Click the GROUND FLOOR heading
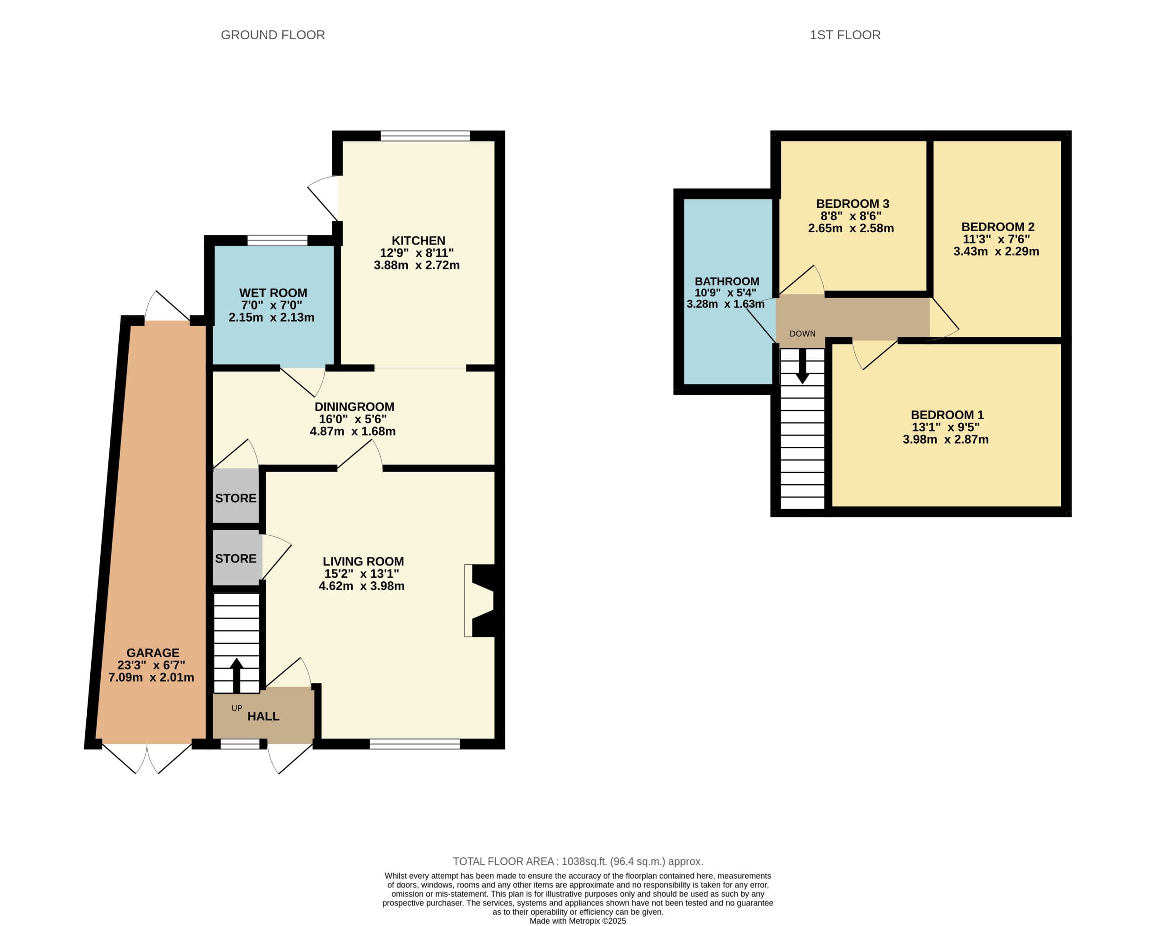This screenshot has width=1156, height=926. coord(273,35)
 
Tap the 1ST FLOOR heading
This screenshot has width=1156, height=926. coord(845,35)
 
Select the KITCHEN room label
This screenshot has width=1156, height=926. coord(418,240)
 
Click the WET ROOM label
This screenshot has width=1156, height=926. coord(273,293)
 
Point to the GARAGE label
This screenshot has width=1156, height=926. coord(153,653)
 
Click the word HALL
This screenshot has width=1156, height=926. coord(263,716)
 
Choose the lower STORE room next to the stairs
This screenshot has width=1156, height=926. coord(236,558)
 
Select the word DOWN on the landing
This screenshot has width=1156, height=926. coord(803,334)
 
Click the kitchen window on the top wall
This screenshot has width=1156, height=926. coord(425,135)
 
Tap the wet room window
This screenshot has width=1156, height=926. coord(277,240)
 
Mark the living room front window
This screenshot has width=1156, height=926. coord(415,744)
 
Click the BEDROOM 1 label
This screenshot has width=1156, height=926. coord(947,415)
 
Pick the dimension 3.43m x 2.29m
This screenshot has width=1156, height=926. coord(996,251)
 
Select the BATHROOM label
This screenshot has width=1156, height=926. coord(727,281)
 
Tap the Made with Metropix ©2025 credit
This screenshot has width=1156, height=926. coord(578,921)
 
